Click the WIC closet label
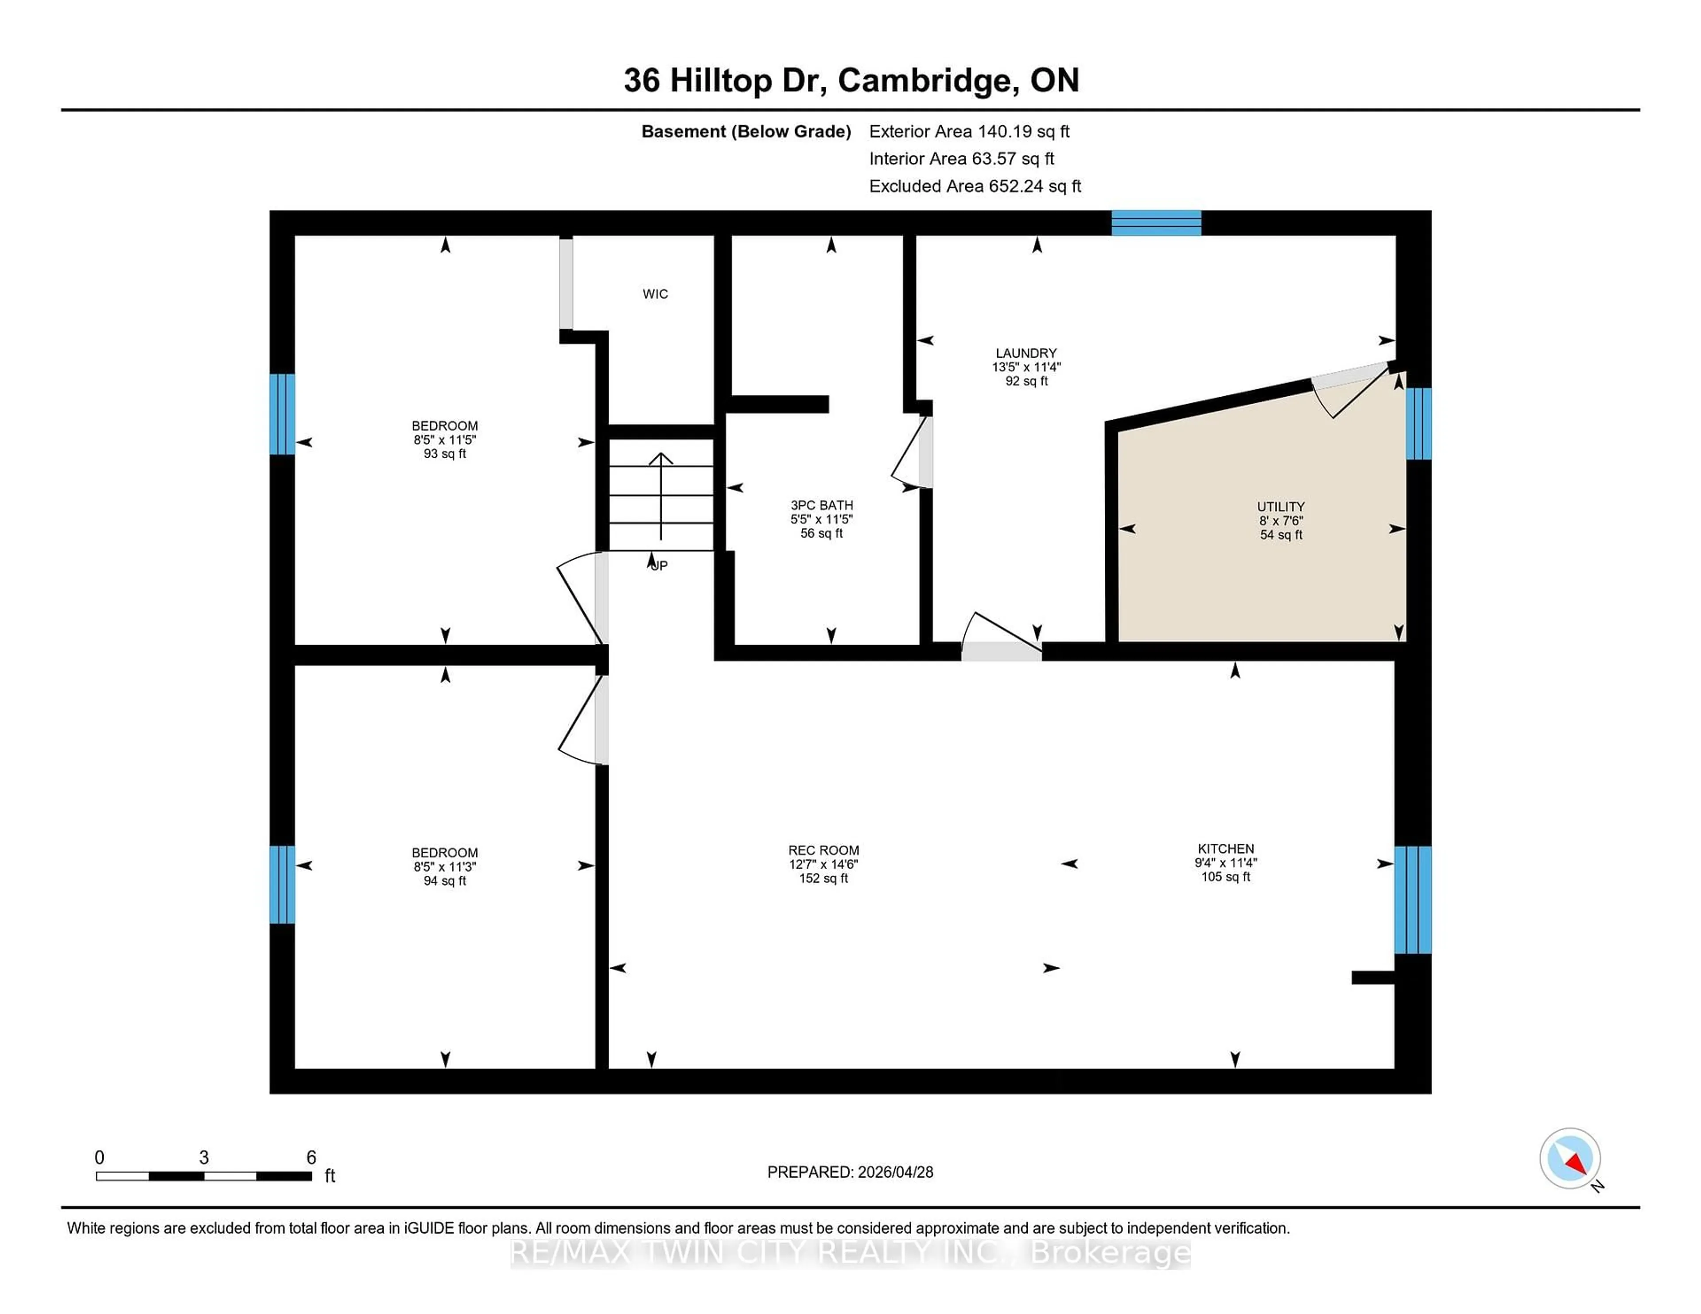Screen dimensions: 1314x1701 coord(655,294)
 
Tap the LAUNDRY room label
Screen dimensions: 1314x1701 coord(1026,353)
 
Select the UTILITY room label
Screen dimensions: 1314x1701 coord(1281,506)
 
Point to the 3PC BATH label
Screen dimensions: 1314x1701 coord(822,504)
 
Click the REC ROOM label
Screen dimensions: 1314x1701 coord(823,850)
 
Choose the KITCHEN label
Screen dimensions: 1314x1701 coord(1225,849)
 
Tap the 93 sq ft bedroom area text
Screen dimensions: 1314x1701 coord(445,454)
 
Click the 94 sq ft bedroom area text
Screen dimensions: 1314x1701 coord(445,881)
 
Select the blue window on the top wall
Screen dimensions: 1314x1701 coord(1156,223)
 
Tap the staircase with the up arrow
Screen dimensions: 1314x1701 coord(660,495)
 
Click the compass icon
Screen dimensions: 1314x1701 coord(1569,1158)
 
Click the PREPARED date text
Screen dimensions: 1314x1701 coord(850,1171)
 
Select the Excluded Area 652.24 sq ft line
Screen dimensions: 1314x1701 coord(975,186)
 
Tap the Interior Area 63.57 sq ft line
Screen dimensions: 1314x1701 coord(961,159)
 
